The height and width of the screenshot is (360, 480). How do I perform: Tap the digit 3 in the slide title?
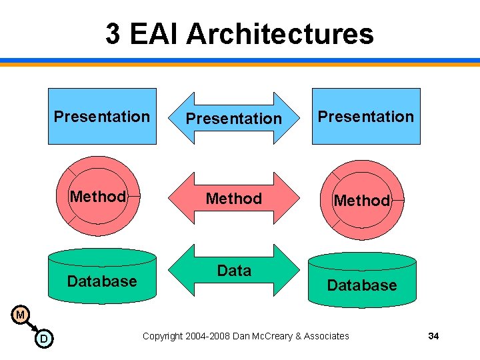pos(113,33)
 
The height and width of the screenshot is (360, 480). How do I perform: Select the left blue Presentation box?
pos(102,117)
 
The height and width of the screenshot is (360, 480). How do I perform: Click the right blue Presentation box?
pos(366,117)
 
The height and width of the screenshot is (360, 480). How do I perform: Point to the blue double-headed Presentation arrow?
pos(233,119)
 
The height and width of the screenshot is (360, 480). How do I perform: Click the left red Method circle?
pos(98,197)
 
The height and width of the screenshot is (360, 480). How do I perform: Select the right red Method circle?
pos(362,200)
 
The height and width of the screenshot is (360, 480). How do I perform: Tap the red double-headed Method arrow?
pos(233,199)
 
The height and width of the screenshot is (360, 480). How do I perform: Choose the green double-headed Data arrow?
pos(233,271)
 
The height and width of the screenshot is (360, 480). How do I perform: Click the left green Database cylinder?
pos(102,280)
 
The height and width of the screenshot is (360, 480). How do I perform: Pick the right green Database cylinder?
pos(362,285)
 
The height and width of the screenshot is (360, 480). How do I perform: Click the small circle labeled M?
pos(21,314)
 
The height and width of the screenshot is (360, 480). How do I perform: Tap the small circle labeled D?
pos(43,339)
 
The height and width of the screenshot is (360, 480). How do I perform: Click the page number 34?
pos(433,336)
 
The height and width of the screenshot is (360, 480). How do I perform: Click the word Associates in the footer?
pos(326,336)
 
